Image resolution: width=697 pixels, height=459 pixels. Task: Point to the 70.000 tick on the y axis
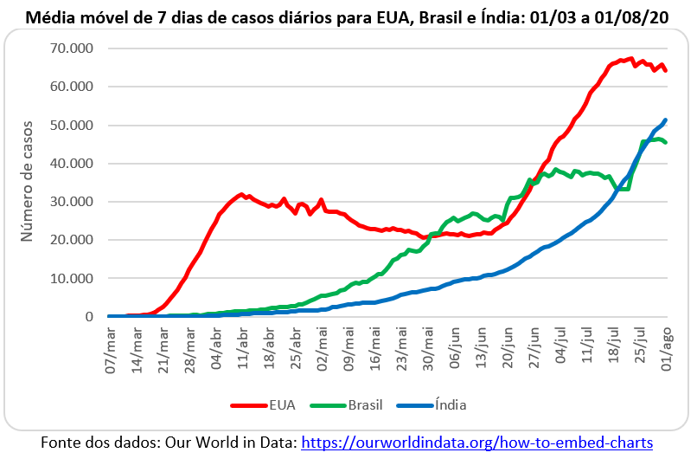[71, 48]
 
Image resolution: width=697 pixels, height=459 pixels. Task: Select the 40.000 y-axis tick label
[71, 164]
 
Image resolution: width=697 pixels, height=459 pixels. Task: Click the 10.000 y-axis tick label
[71, 279]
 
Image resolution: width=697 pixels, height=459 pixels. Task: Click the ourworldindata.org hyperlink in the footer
[476, 442]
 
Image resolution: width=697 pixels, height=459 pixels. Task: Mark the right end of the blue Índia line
[666, 120]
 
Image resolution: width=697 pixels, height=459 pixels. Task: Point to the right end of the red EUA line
[666, 71]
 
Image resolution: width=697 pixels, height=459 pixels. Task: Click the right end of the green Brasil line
[666, 143]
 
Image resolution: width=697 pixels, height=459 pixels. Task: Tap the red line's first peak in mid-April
[241, 195]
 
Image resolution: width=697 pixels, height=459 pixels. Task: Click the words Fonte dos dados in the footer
[97, 442]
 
